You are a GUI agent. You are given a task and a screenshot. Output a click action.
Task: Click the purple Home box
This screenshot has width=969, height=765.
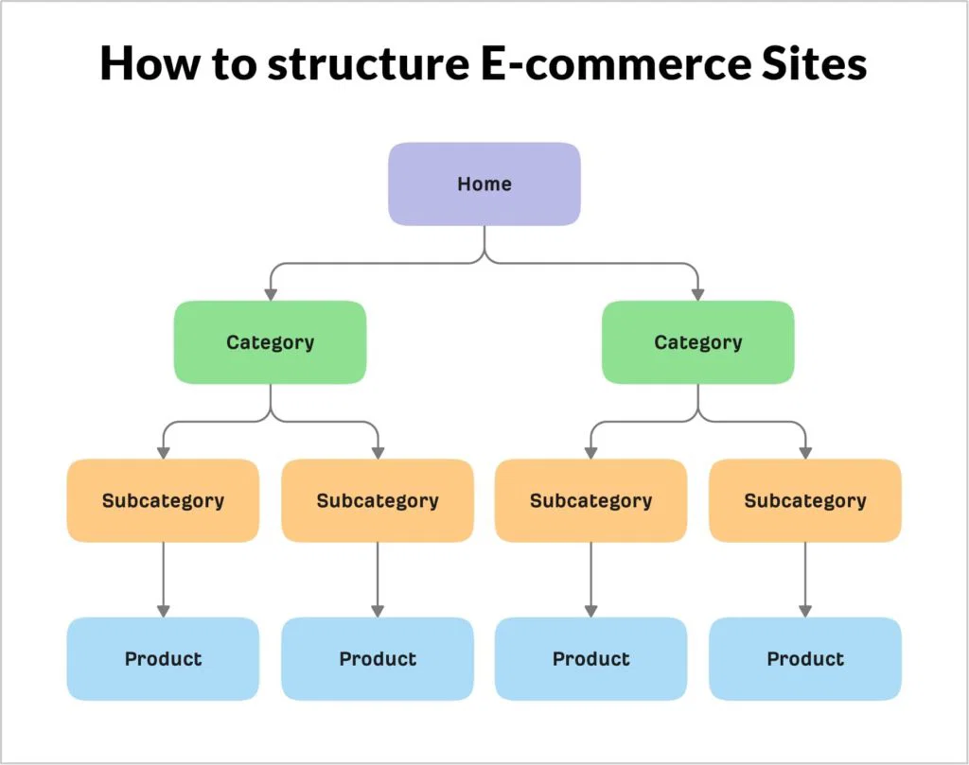(x=484, y=183)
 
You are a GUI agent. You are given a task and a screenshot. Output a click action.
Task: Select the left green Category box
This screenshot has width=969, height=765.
(x=270, y=342)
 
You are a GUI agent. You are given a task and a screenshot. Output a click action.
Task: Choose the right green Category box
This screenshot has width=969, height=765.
(x=698, y=342)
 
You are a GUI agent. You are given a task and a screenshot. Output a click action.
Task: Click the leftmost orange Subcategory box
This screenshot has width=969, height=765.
(x=163, y=500)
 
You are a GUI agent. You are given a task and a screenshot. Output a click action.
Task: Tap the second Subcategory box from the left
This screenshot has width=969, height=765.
(x=378, y=500)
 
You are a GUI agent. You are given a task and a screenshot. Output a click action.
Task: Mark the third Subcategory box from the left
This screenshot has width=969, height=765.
(x=591, y=500)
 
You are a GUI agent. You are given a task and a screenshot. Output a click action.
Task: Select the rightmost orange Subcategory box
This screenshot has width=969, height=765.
(x=805, y=500)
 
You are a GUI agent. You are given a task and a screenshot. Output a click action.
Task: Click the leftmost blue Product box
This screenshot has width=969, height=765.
(x=163, y=659)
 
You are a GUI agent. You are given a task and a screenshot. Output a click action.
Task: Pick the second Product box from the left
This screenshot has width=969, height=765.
(x=378, y=659)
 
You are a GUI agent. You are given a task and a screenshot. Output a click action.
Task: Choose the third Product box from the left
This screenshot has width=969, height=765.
(x=591, y=659)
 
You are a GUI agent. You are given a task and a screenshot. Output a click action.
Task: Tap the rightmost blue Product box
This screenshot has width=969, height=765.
(x=805, y=659)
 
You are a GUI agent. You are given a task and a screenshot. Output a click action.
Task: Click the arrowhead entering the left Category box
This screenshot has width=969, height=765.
(x=270, y=294)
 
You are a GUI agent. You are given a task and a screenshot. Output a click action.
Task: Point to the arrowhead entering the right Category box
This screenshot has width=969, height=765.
(x=698, y=294)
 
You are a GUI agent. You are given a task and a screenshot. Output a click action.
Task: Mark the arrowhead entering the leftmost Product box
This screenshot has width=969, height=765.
(x=163, y=611)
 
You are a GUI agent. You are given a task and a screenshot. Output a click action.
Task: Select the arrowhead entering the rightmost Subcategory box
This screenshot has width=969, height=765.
(x=805, y=452)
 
